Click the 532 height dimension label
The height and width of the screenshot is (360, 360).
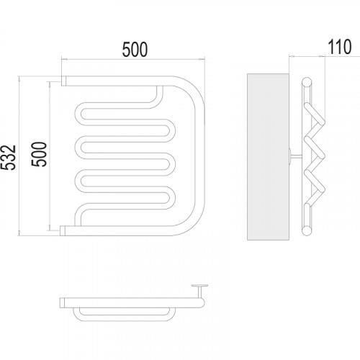pos(9,158)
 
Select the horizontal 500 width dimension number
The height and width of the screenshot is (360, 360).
pos(135,50)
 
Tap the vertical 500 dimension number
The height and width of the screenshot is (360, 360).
pos(39,154)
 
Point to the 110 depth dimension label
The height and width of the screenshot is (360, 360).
pos(340,47)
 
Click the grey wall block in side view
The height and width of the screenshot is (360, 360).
pos(268,157)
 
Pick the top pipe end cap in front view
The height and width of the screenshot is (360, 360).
pos(64,81)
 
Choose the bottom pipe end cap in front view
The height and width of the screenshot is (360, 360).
pos(63,231)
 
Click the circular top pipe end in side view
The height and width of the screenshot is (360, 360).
pos(307,81)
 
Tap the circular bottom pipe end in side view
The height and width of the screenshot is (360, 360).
pos(307,231)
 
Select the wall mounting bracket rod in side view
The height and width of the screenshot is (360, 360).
pos(296,156)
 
